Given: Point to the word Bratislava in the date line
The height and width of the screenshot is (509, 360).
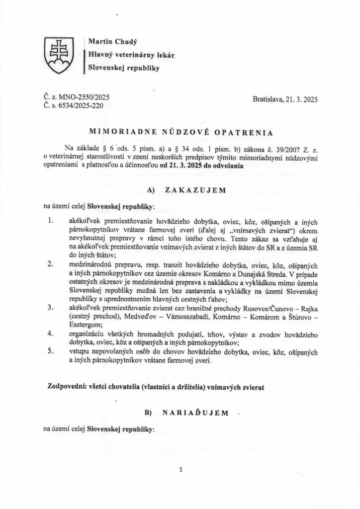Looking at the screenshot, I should (268, 99).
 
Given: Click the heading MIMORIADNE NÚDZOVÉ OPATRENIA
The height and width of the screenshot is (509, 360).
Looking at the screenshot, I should (180, 133).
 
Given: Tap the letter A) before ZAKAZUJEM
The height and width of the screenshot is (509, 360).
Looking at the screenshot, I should (151, 190).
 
